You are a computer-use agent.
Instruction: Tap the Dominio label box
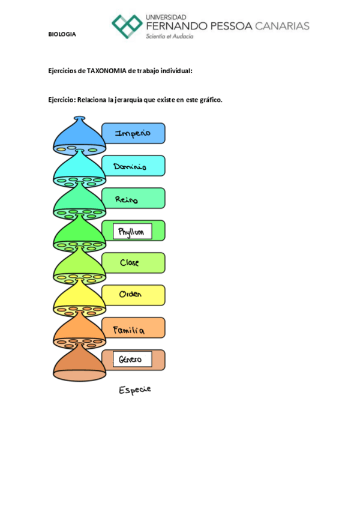click(x=133, y=166)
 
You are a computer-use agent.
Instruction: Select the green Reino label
click(x=133, y=199)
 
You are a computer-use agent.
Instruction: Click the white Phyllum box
click(x=132, y=231)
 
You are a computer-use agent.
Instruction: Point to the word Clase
click(x=130, y=263)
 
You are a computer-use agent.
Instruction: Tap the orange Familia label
click(x=133, y=328)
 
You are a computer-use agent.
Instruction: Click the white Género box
click(x=131, y=360)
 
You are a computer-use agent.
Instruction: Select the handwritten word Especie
click(x=135, y=390)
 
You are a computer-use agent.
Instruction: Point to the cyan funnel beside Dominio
click(x=79, y=169)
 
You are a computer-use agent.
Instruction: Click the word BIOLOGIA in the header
click(x=62, y=34)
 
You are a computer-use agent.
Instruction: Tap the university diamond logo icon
click(x=127, y=26)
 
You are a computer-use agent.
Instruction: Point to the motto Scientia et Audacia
click(x=170, y=37)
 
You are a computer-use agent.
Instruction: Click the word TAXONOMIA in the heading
click(x=106, y=71)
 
